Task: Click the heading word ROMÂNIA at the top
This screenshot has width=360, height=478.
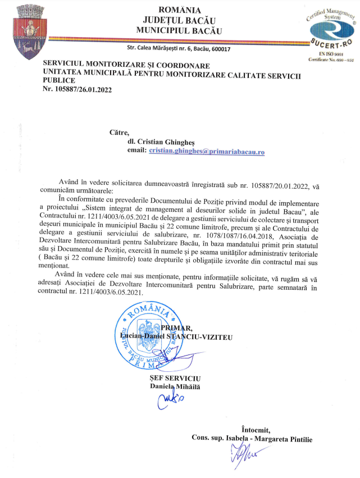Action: coord(179,10)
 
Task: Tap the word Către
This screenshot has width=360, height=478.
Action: coord(119,133)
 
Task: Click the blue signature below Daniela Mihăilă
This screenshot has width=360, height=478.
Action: coord(169,400)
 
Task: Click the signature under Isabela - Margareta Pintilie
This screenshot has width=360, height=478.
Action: coord(243,453)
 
